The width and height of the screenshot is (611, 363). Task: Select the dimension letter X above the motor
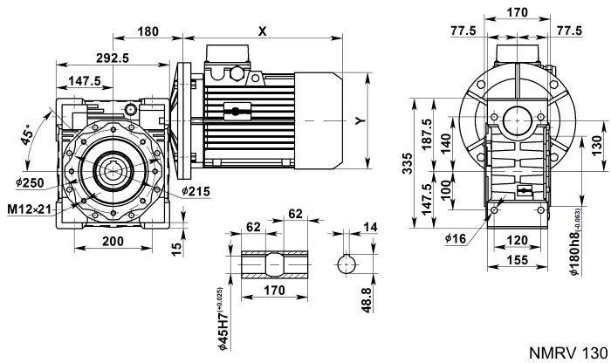262,31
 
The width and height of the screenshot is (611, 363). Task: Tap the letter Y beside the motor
359,122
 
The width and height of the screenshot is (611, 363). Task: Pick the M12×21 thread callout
34,209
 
